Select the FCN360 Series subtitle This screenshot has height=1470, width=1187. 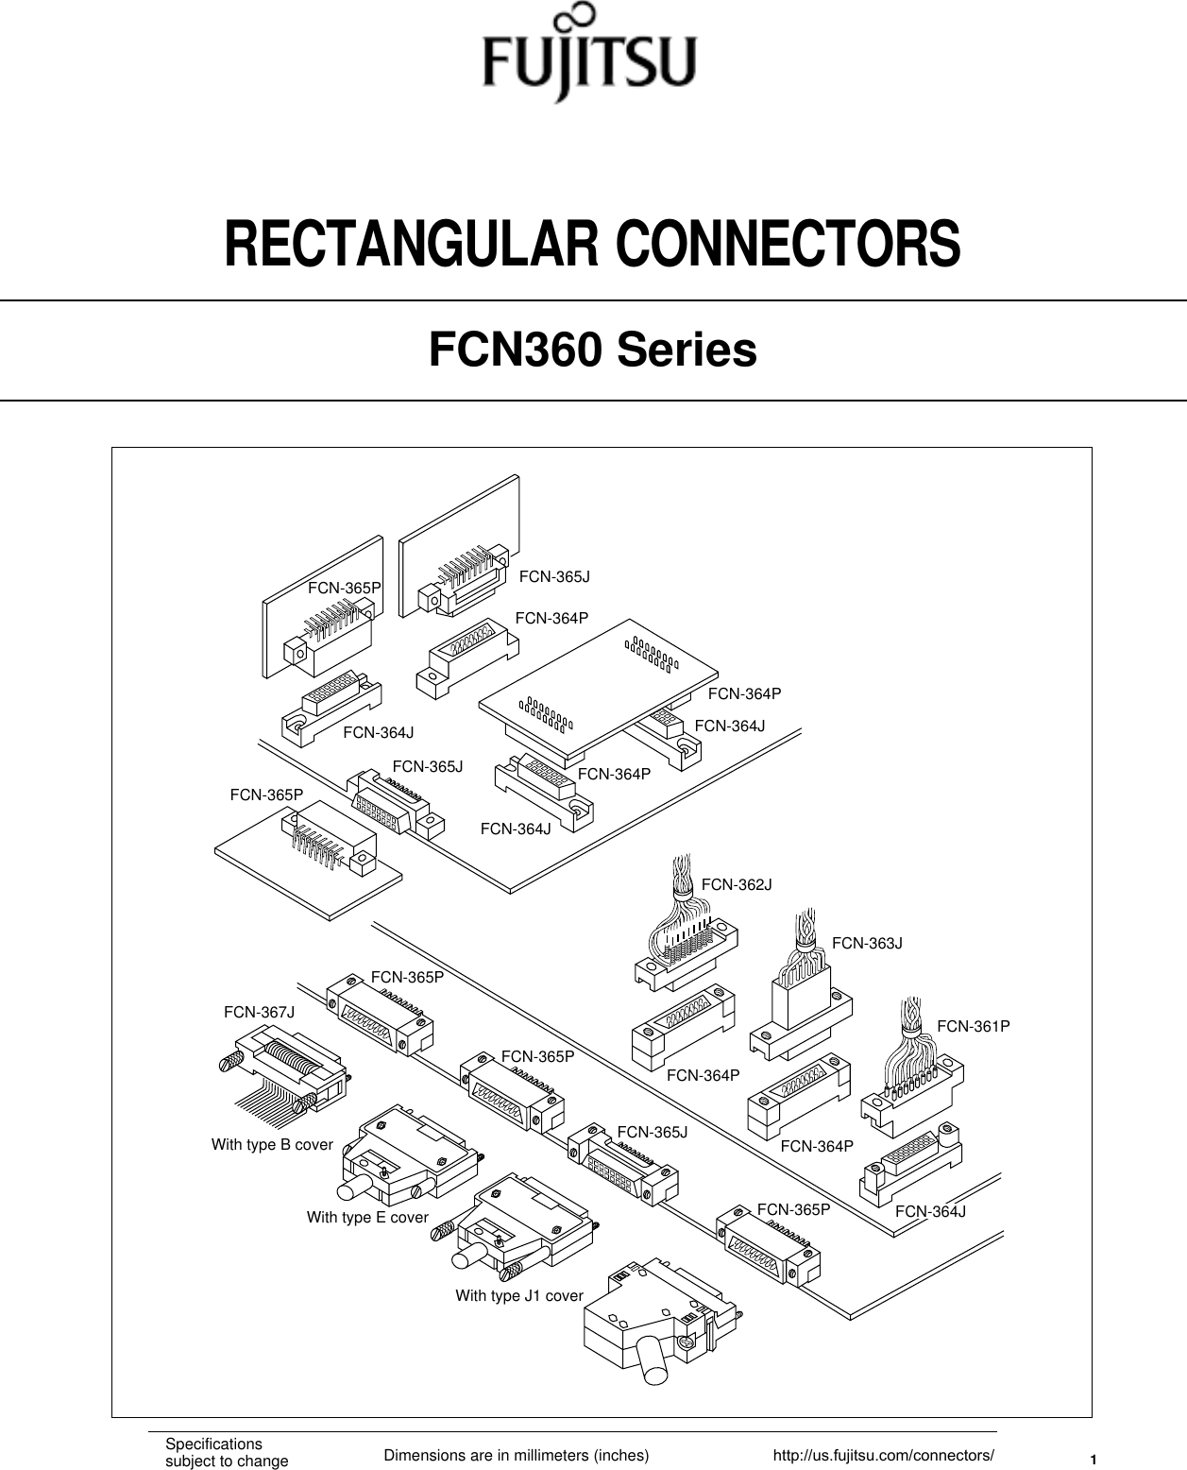pyautogui.click(x=593, y=350)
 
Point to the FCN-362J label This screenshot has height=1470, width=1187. pyautogui.click(x=737, y=884)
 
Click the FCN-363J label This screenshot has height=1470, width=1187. pyautogui.click(x=867, y=943)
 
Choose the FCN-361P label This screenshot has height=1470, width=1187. pyautogui.click(x=973, y=1025)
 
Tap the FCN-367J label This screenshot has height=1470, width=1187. pyautogui.click(x=259, y=1012)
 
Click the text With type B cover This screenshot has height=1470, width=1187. pyautogui.click(x=272, y=1144)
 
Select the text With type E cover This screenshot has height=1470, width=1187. pyautogui.click(x=367, y=1218)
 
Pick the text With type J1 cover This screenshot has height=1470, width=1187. pyautogui.click(x=519, y=1295)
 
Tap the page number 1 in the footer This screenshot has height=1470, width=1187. pyautogui.click(x=1093, y=1461)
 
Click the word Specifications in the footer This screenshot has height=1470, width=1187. pyautogui.click(x=214, y=1444)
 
